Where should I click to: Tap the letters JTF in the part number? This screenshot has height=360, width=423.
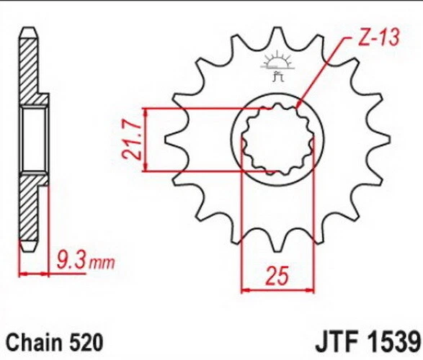[x=337, y=339]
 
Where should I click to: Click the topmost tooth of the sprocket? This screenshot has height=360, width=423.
[x=277, y=36]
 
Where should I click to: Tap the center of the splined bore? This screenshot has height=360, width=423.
[x=277, y=140]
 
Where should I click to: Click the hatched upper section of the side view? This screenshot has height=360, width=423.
[x=30, y=65]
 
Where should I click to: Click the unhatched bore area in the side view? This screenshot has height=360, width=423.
[x=34, y=140]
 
